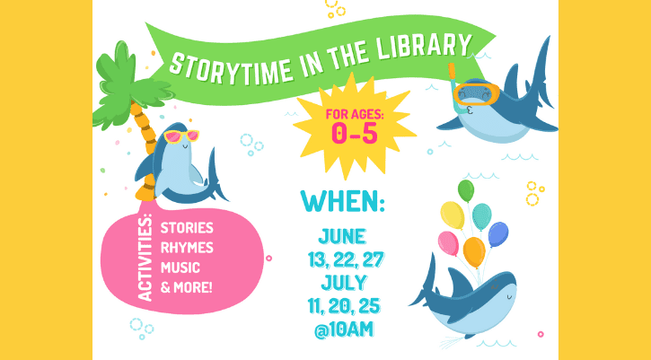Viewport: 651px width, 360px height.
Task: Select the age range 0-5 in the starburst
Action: (355, 134)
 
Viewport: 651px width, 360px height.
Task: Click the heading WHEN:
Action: (342, 198)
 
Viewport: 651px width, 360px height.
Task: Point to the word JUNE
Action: (342, 237)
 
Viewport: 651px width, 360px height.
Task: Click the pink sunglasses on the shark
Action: (180, 136)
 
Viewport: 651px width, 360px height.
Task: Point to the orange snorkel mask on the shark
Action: (477, 92)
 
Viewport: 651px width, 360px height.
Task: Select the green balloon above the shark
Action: (465, 189)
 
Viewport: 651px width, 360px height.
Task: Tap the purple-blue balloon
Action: (497, 233)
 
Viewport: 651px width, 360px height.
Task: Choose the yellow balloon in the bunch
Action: (453, 215)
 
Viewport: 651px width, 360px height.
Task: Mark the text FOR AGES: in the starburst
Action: (355, 114)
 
